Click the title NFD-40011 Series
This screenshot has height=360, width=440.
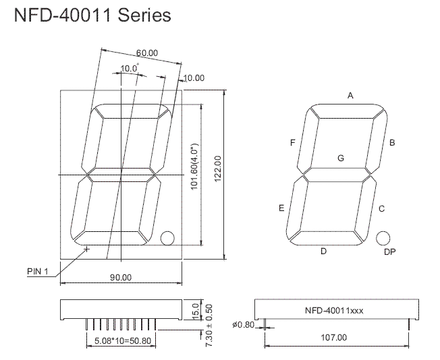[92, 16]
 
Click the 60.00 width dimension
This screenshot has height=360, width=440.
[146, 53]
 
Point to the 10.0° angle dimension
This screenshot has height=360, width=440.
[130, 68]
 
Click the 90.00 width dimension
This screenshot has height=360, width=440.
[121, 277]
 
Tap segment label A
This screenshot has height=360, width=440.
[350, 96]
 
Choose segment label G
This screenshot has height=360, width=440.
[341, 158]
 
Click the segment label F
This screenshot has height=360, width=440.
[292, 143]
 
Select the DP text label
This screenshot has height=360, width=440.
[389, 251]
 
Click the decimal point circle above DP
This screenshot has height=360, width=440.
[383, 237]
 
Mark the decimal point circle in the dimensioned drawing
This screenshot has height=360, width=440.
[167, 237]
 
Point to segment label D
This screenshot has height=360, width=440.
[323, 251]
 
